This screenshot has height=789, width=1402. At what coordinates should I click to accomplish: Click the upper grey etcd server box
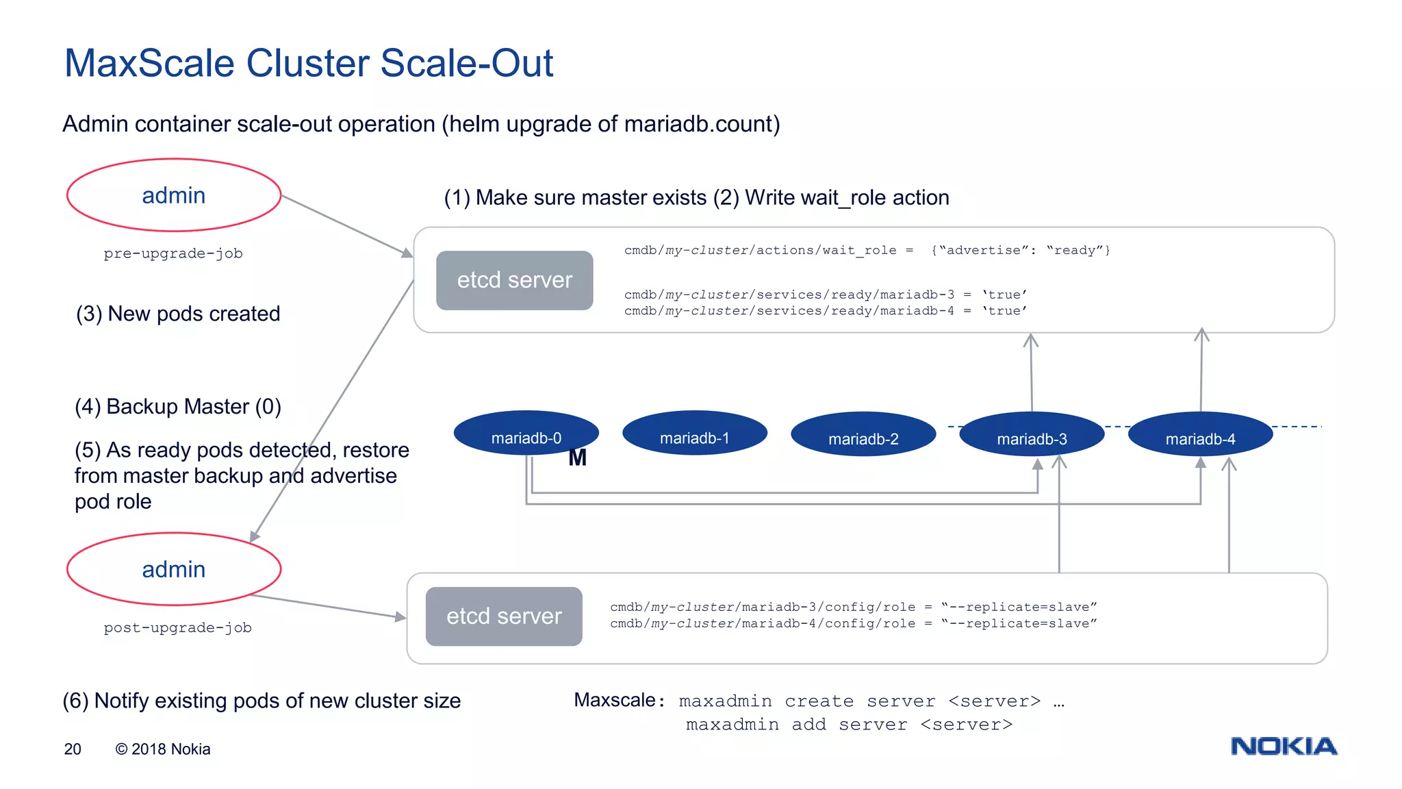(514, 280)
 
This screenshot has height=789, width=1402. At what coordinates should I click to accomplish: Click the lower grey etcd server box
(504, 616)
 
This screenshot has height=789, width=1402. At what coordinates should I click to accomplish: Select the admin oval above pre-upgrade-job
(174, 195)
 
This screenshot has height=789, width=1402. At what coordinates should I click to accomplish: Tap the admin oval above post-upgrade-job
(174, 569)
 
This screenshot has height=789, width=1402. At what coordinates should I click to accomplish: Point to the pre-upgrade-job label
(173, 253)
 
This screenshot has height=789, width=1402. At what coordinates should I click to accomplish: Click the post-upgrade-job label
(177, 627)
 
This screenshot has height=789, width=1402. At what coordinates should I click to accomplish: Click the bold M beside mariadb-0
(577, 458)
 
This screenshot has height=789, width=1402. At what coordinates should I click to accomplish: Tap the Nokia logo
(1284, 746)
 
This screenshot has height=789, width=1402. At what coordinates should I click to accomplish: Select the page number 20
(73, 749)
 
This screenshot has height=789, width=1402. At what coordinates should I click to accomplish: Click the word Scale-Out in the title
(467, 63)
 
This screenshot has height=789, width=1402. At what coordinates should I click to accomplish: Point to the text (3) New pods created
(178, 314)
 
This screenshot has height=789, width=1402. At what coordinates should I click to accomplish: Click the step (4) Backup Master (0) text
(178, 406)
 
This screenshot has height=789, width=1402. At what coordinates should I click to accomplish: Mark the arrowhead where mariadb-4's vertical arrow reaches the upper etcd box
(1201, 334)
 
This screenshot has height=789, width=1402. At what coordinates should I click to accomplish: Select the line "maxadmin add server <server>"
(849, 725)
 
